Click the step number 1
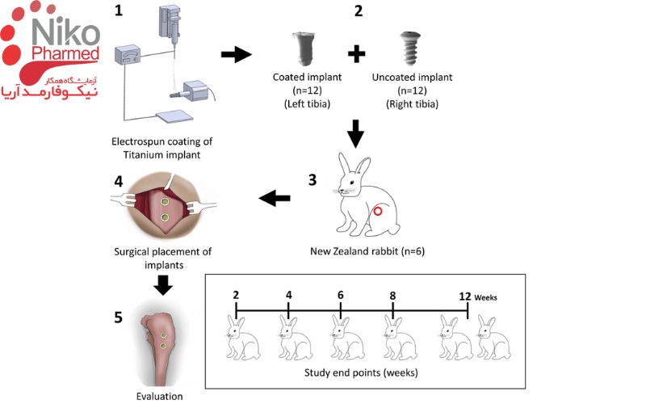pyautogui.click(x=120, y=12)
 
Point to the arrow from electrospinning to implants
pyautogui.click(x=236, y=55)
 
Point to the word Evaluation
pyautogui.click(x=159, y=396)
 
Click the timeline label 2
pyautogui.click(x=236, y=296)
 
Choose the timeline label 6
pyautogui.click(x=340, y=296)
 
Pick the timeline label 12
pyautogui.click(x=465, y=296)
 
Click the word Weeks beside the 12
pyautogui.click(x=486, y=297)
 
